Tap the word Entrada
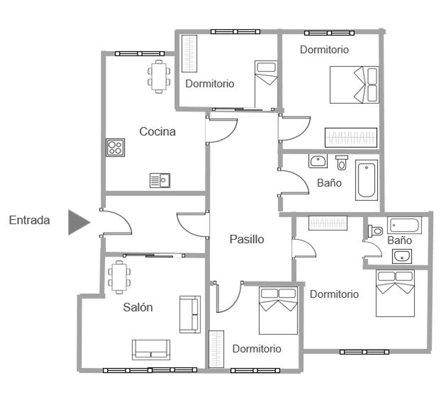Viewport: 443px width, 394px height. pyautogui.click(x=29, y=220)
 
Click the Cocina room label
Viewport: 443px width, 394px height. pyautogui.click(x=157, y=131)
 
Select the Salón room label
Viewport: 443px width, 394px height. pyautogui.click(x=138, y=307)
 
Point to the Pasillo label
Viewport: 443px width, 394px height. pyautogui.click(x=247, y=239)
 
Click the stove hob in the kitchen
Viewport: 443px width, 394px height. pyautogui.click(x=115, y=147)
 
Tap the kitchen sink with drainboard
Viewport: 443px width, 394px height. pyautogui.click(x=160, y=180)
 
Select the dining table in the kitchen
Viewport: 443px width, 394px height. pyautogui.click(x=159, y=76)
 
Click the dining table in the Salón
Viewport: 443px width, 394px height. pyautogui.click(x=119, y=277)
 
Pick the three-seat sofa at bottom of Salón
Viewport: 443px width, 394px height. pyautogui.click(x=151, y=350)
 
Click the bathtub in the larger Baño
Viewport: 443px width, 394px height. pyautogui.click(x=367, y=180)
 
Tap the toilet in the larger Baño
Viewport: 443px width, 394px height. pyautogui.click(x=342, y=163)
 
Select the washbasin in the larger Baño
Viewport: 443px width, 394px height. pyautogui.click(x=318, y=161)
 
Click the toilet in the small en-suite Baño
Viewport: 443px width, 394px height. pyautogui.click(x=375, y=231)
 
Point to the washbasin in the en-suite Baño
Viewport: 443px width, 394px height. pyautogui.click(x=402, y=256)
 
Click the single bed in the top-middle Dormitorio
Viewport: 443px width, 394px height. pyautogui.click(x=266, y=84)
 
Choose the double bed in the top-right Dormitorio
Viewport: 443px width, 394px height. pyautogui.click(x=354, y=85)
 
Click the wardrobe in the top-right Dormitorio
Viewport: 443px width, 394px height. pyautogui.click(x=351, y=138)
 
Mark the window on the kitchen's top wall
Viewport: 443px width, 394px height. pyautogui.click(x=140, y=53)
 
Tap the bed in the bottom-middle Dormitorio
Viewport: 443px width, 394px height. pyautogui.click(x=278, y=310)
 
